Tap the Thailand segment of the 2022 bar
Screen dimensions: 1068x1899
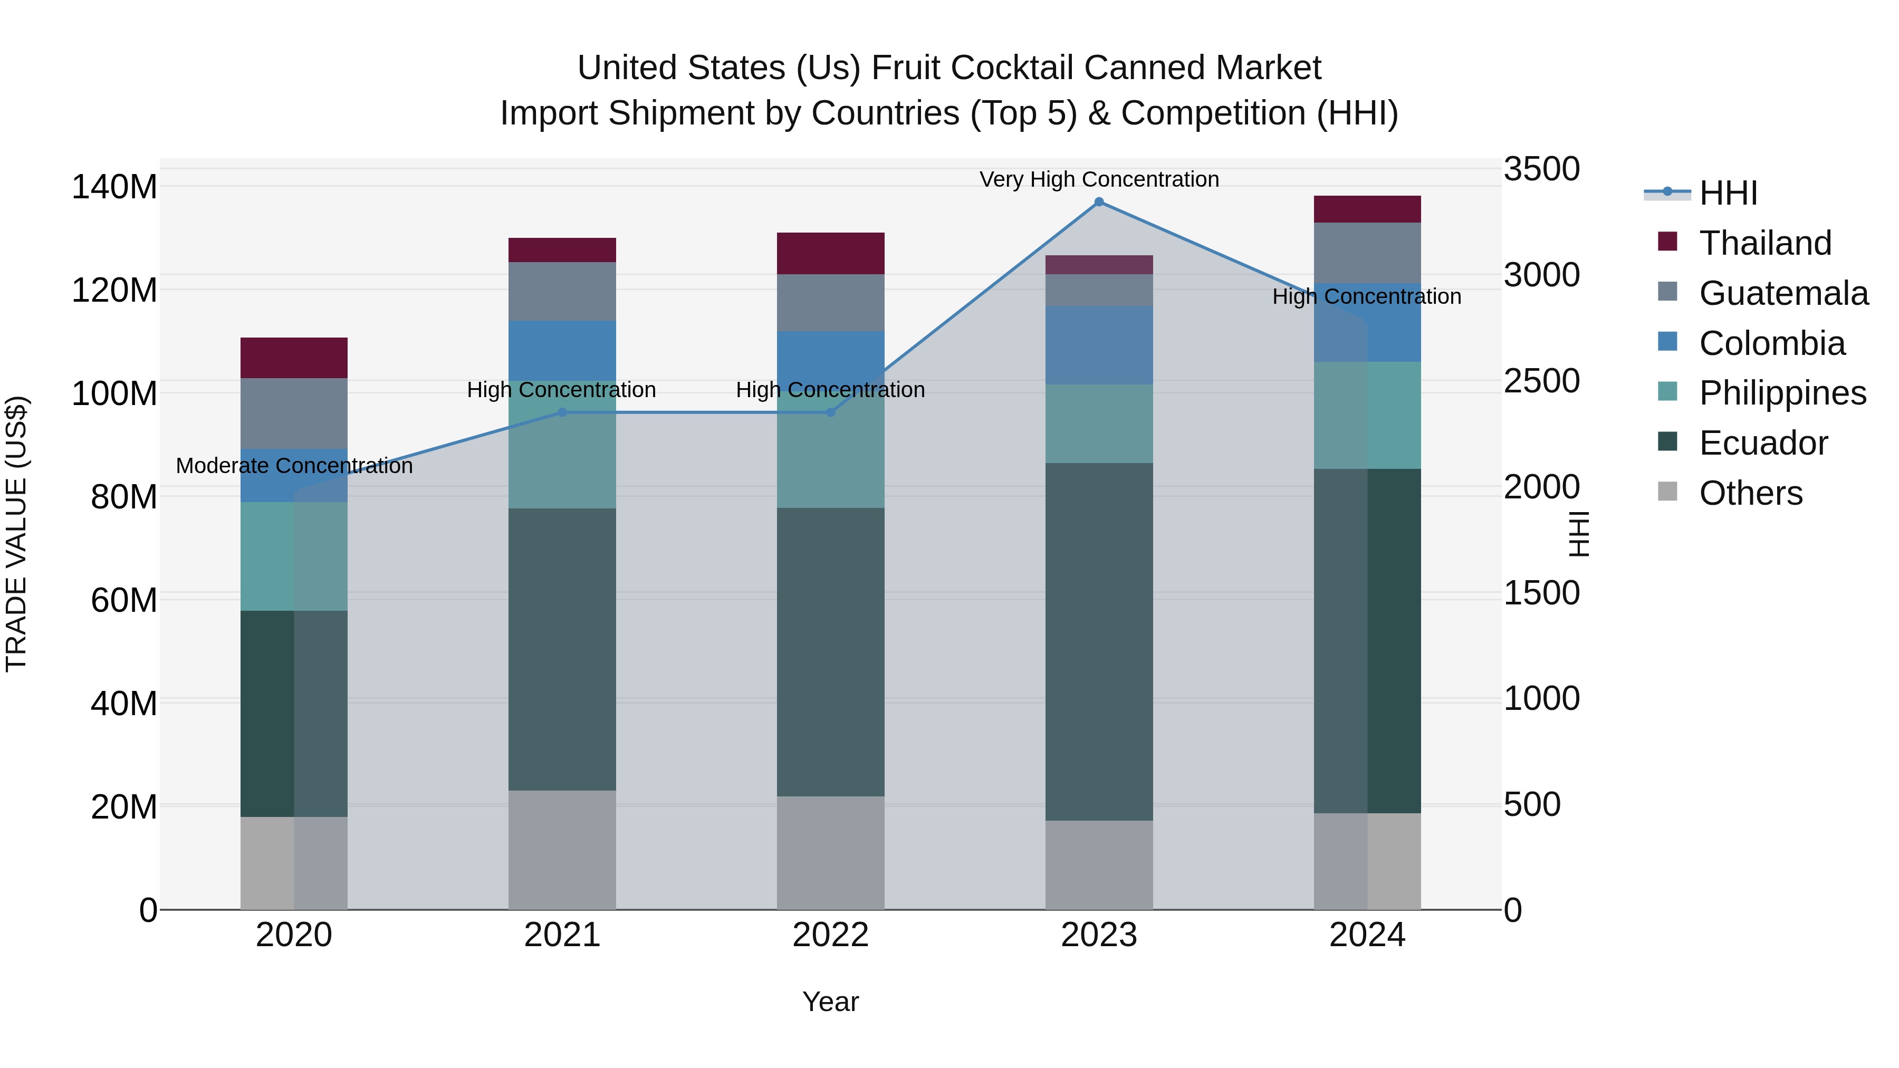830,254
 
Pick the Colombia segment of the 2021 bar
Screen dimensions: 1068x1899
562,351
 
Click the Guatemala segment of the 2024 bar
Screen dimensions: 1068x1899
1367,253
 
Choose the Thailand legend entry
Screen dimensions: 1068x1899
1765,243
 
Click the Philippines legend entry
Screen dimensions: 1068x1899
1782,393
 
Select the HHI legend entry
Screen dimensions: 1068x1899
1728,193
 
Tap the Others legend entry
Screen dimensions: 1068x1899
1750,493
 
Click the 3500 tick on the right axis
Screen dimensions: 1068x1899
1541,169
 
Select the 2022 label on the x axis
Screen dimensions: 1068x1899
830,935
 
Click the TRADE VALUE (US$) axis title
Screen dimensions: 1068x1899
16,534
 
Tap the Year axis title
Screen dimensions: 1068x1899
830,1002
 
